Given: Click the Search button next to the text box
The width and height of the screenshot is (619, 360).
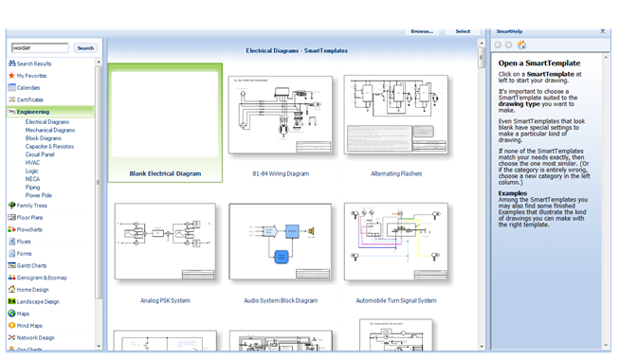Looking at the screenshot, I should click(85, 47).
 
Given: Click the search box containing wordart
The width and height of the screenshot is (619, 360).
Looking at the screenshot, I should click(40, 47).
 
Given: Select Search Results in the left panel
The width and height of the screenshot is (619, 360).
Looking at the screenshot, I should click(34, 63).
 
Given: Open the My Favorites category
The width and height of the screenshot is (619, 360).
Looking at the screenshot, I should click(31, 75).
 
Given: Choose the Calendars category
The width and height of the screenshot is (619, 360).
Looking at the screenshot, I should click(28, 87).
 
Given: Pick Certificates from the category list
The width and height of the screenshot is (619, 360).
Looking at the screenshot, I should click(29, 99).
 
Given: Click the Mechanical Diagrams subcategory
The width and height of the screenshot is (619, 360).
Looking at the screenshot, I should click(50, 130).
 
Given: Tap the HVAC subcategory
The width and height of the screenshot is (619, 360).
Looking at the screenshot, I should click(33, 162).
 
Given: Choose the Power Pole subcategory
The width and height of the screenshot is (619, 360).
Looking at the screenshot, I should click(39, 195).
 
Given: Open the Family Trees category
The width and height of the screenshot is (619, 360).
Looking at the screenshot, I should click(31, 206).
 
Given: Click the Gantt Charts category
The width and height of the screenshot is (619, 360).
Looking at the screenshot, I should click(32, 265).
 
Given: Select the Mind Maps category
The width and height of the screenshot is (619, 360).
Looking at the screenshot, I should click(30, 325).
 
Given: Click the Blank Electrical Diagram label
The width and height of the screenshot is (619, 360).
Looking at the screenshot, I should click(166, 173).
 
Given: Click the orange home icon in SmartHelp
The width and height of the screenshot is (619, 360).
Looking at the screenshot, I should click(522, 45).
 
